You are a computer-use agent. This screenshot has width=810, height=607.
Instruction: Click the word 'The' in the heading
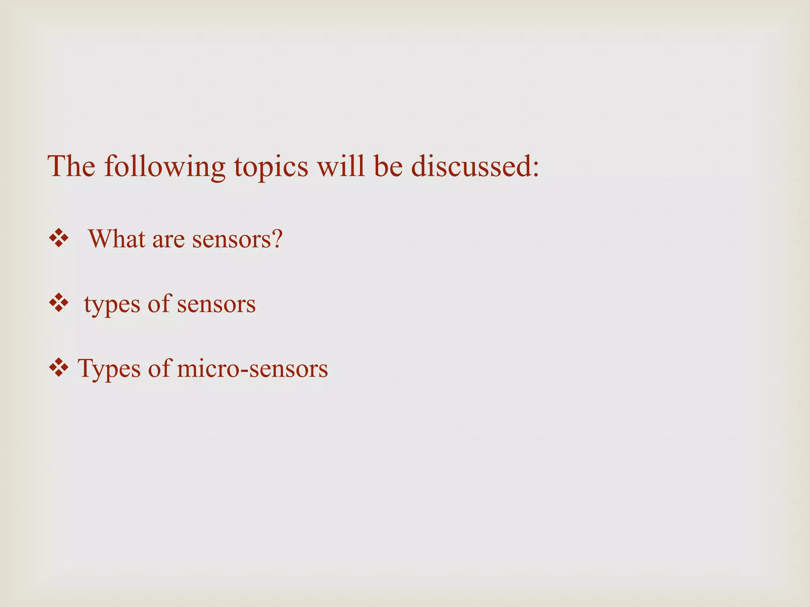[x=72, y=166]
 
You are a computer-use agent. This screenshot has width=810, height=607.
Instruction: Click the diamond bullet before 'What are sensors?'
[x=59, y=239]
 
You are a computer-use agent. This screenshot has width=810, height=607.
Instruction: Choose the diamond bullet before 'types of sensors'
[x=59, y=304]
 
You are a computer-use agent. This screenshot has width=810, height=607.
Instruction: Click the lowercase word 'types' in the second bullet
[x=112, y=305]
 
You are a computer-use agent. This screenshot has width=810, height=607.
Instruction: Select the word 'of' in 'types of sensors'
[x=158, y=303]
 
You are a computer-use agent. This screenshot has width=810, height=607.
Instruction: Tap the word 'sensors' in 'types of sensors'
[x=216, y=305]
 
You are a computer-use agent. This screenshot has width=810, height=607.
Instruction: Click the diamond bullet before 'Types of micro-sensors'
[x=59, y=368]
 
